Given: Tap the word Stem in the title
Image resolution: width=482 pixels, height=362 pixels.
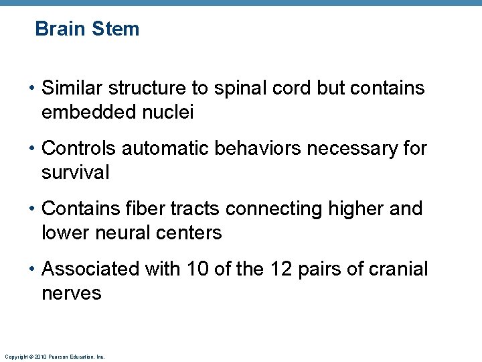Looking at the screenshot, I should pyautogui.click(x=117, y=29).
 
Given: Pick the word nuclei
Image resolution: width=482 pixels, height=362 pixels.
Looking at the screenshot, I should pyautogui.click(x=172, y=113).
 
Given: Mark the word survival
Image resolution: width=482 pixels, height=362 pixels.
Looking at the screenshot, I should pyautogui.click(x=75, y=173).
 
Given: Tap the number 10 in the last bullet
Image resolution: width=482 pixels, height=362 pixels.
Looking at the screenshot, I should pyautogui.click(x=198, y=269).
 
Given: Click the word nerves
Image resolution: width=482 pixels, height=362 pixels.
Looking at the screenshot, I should pyautogui.click(x=72, y=293).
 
